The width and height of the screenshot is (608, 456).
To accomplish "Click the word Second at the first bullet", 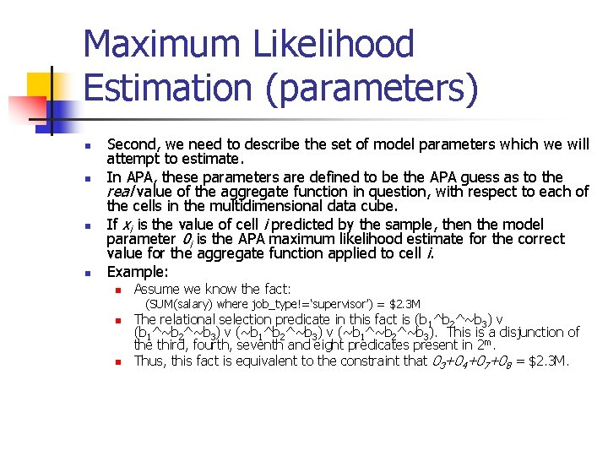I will tap(134, 144).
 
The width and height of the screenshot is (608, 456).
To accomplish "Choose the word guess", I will tap(489, 176).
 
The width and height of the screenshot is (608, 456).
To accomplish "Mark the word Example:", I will tap(138, 272).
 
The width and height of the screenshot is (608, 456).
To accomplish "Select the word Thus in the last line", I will tap(150, 361).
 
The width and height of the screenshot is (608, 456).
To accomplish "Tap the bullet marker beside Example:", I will tap(88, 273).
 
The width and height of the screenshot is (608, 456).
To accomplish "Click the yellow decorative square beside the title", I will tap(41, 88).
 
